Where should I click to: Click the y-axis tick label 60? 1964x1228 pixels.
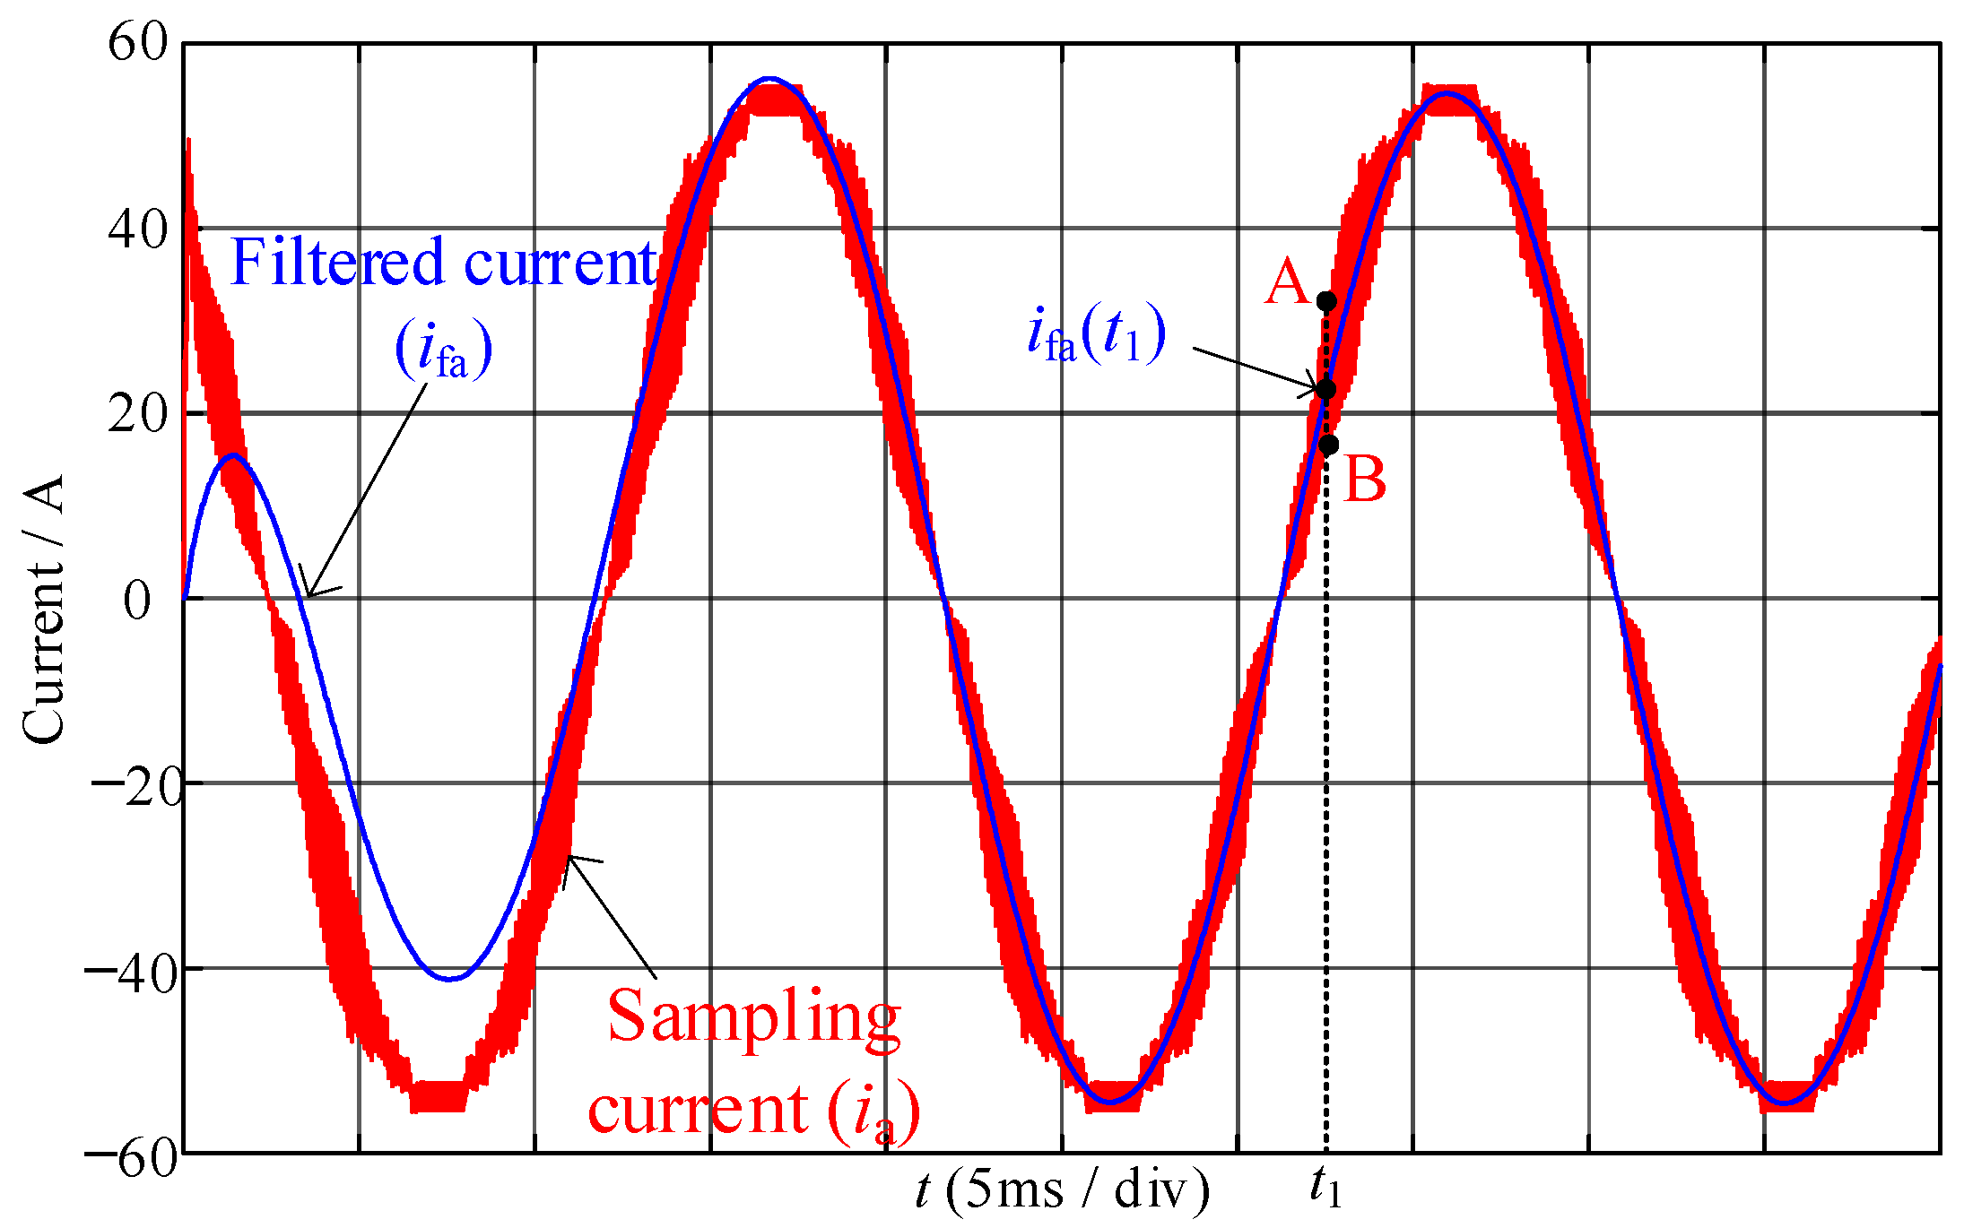click(137, 42)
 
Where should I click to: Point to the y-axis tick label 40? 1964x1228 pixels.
click(137, 229)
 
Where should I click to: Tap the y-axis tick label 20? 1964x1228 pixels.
click(137, 414)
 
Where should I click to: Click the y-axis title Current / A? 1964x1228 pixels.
click(43, 610)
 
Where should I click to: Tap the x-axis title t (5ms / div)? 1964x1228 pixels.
click(1063, 1190)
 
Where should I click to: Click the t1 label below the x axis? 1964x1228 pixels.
click(1325, 1187)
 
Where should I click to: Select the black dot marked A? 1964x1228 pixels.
click(1326, 301)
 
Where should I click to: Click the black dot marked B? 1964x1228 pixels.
click(1329, 445)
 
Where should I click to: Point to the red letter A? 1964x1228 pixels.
click(1286, 282)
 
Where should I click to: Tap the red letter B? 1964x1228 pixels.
click(1365, 480)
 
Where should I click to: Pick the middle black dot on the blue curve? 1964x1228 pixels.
click(1326, 389)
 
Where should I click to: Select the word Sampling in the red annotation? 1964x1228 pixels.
click(753, 1017)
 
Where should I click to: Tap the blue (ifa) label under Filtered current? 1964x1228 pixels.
click(444, 350)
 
